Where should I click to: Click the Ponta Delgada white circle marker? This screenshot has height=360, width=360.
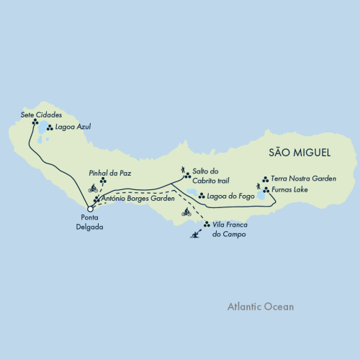point(90,210)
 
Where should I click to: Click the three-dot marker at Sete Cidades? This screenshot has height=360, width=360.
point(34,122)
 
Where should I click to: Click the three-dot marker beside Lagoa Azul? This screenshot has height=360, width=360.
point(49,128)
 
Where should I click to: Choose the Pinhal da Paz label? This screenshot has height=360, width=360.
point(109,173)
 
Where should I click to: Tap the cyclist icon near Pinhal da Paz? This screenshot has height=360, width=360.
point(93,189)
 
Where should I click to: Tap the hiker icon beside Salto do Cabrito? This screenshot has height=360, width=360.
point(184,170)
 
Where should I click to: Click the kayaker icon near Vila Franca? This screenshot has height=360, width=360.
point(194,235)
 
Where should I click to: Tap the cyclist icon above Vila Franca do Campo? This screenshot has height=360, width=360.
point(186,213)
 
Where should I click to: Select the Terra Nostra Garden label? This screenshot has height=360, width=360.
point(303,179)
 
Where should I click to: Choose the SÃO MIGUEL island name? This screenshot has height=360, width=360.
point(298,152)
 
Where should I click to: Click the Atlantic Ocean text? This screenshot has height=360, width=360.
point(259,306)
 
